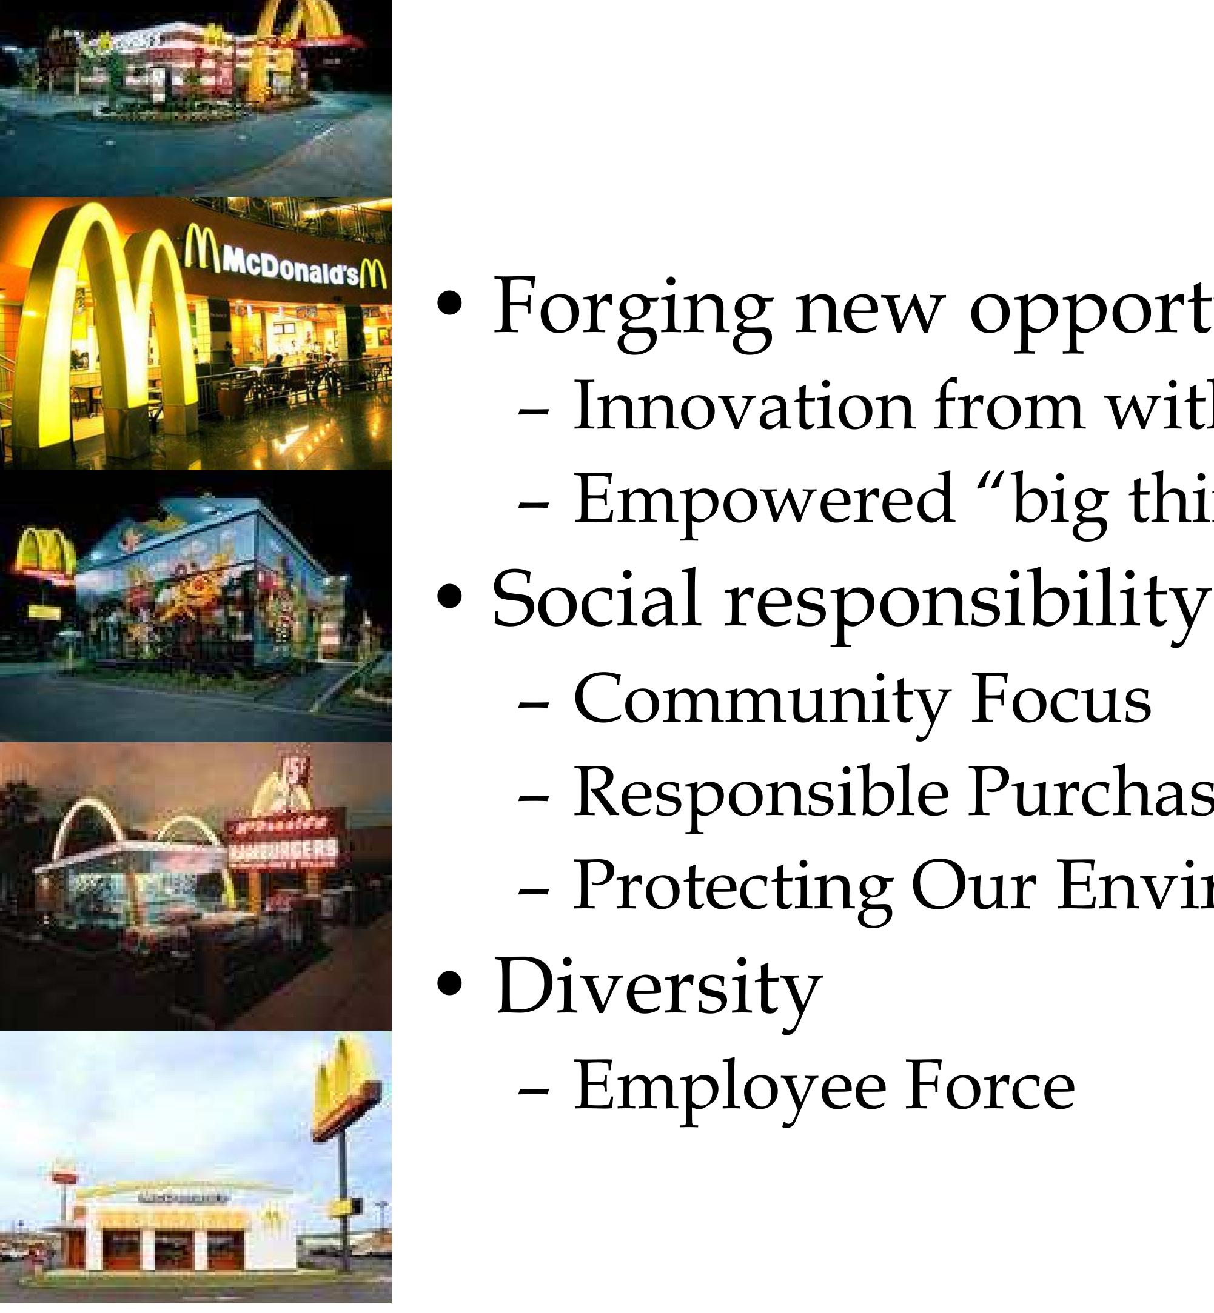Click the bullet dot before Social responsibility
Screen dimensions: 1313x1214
tap(450, 597)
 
